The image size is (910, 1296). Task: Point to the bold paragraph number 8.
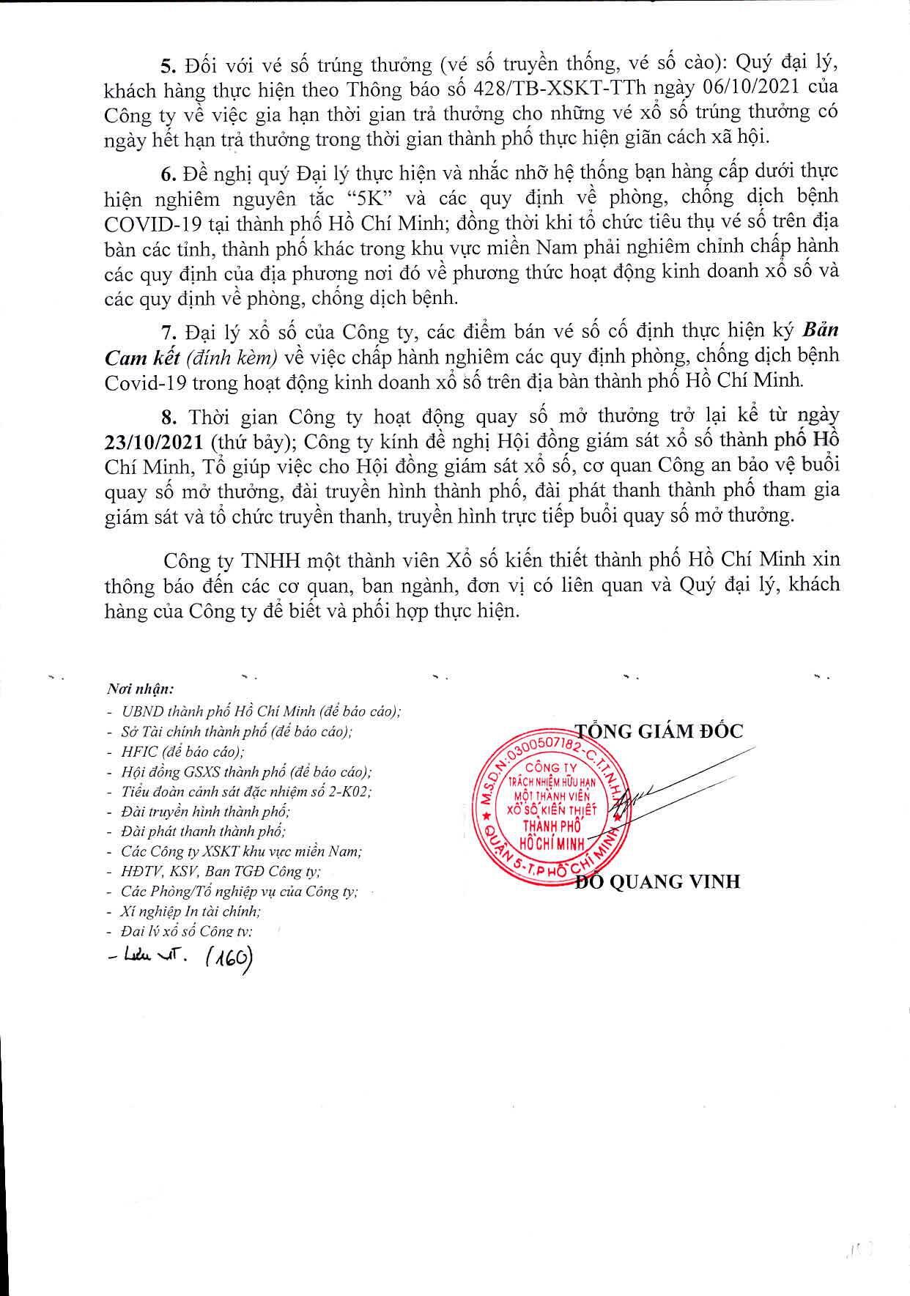169,418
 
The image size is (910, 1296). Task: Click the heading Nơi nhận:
140,689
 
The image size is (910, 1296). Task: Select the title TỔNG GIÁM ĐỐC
658,731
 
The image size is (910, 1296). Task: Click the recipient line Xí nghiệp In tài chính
191,911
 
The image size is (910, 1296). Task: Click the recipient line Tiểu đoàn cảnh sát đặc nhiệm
246,792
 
